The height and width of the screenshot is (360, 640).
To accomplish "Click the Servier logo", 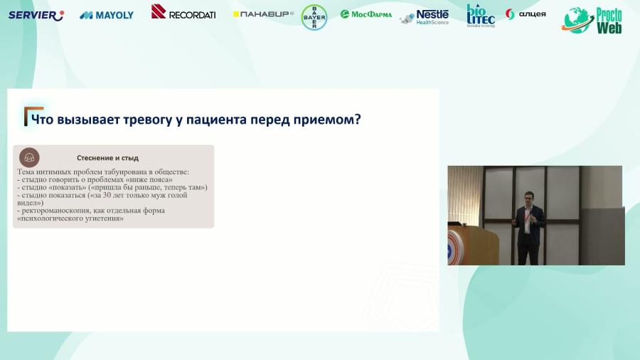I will click(36, 15).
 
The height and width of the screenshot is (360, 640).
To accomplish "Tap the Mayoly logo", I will click(107, 15).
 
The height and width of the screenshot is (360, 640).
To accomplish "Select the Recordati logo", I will click(183, 12).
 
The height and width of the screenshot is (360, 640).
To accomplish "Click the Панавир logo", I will click(263, 14).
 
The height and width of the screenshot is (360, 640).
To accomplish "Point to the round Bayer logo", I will click(314, 17).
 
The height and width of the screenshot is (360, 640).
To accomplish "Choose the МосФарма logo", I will click(366, 14).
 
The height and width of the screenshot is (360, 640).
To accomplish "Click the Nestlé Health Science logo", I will click(425, 16).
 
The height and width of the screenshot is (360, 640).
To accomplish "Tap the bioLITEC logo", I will click(481, 15).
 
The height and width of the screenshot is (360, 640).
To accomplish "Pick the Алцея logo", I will click(526, 14).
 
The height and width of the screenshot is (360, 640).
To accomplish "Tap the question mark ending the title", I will click(357, 119).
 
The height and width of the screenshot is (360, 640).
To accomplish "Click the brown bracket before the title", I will click(28, 116).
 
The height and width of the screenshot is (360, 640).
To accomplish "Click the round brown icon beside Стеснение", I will click(29, 157).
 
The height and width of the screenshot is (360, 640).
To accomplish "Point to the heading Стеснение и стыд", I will click(107, 157).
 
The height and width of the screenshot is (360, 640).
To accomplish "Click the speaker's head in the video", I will click(528, 197).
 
